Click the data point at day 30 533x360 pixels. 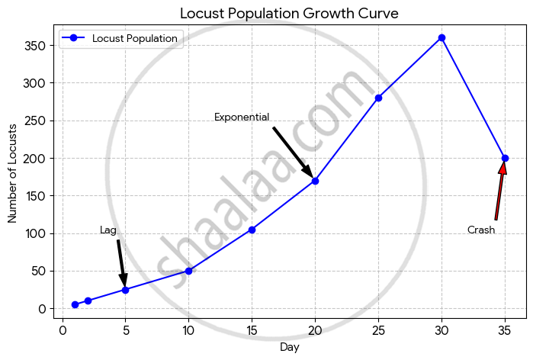coord(441,37)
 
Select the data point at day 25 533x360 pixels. coord(378,98)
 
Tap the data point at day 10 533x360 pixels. coord(188,271)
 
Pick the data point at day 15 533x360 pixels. coord(252,230)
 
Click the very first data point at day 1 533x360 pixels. coord(75,305)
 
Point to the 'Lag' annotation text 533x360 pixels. coord(108,230)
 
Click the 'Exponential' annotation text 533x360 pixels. coord(242,117)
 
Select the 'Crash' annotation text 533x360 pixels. coord(481,230)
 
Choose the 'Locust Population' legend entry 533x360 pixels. coord(134,38)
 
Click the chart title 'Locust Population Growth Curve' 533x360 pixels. coord(289,14)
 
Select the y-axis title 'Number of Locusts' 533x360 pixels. coord(13,172)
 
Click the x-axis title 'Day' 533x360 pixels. coord(289,348)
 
